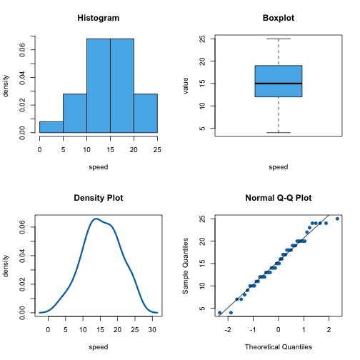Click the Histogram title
pyautogui.click(x=99, y=18)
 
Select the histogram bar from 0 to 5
pyautogui.click(x=51, y=127)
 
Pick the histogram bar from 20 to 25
pyautogui.click(x=146, y=114)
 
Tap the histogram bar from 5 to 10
pyautogui.click(x=75, y=114)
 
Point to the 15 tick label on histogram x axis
pyautogui.click(x=110, y=150)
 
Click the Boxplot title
pyautogui.click(x=279, y=18)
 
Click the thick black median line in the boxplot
pyautogui.click(x=279, y=84)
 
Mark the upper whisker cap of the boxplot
pyautogui.click(x=279, y=39)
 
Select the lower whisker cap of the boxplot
pyautogui.click(x=279, y=132)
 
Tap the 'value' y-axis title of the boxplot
pyautogui.click(x=186, y=86)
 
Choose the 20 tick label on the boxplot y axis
pyautogui.click(x=202, y=61)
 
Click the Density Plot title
pyautogui.click(x=99, y=198)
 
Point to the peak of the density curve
pyautogui.click(x=96, y=219)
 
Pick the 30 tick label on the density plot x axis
pyautogui.click(x=152, y=330)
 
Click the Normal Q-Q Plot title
pyautogui.click(x=279, y=198)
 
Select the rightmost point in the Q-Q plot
pyautogui.click(x=337, y=219)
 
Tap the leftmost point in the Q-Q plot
pyautogui.click(x=219, y=313)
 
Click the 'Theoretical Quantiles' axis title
pyautogui.click(x=279, y=347)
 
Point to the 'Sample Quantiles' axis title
pyautogui.click(x=186, y=266)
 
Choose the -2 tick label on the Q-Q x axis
pyautogui.click(x=228, y=330)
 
